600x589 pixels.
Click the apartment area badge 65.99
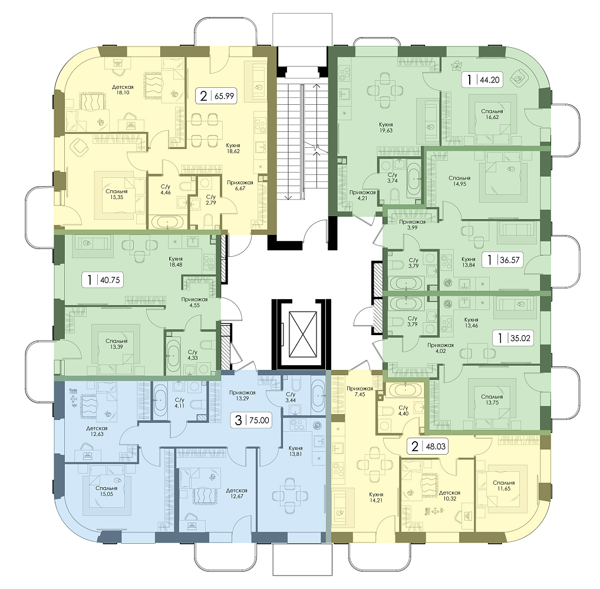(x=216, y=95)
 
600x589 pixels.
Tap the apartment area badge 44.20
(x=482, y=80)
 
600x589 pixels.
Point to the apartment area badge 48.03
(x=428, y=446)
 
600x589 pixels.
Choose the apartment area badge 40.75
(x=102, y=280)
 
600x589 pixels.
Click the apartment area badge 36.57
(x=502, y=260)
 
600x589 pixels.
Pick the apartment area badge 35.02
(x=513, y=337)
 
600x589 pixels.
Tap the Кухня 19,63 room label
(x=385, y=127)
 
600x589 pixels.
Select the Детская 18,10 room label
(x=123, y=90)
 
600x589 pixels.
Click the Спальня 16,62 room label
(x=492, y=114)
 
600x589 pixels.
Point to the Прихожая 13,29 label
(x=242, y=395)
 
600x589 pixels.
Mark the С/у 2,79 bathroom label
(x=211, y=200)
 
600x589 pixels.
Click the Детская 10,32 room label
(x=449, y=496)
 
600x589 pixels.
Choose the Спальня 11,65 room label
(x=503, y=485)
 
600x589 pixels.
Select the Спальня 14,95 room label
(x=459, y=180)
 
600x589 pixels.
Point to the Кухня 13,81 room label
(x=295, y=451)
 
